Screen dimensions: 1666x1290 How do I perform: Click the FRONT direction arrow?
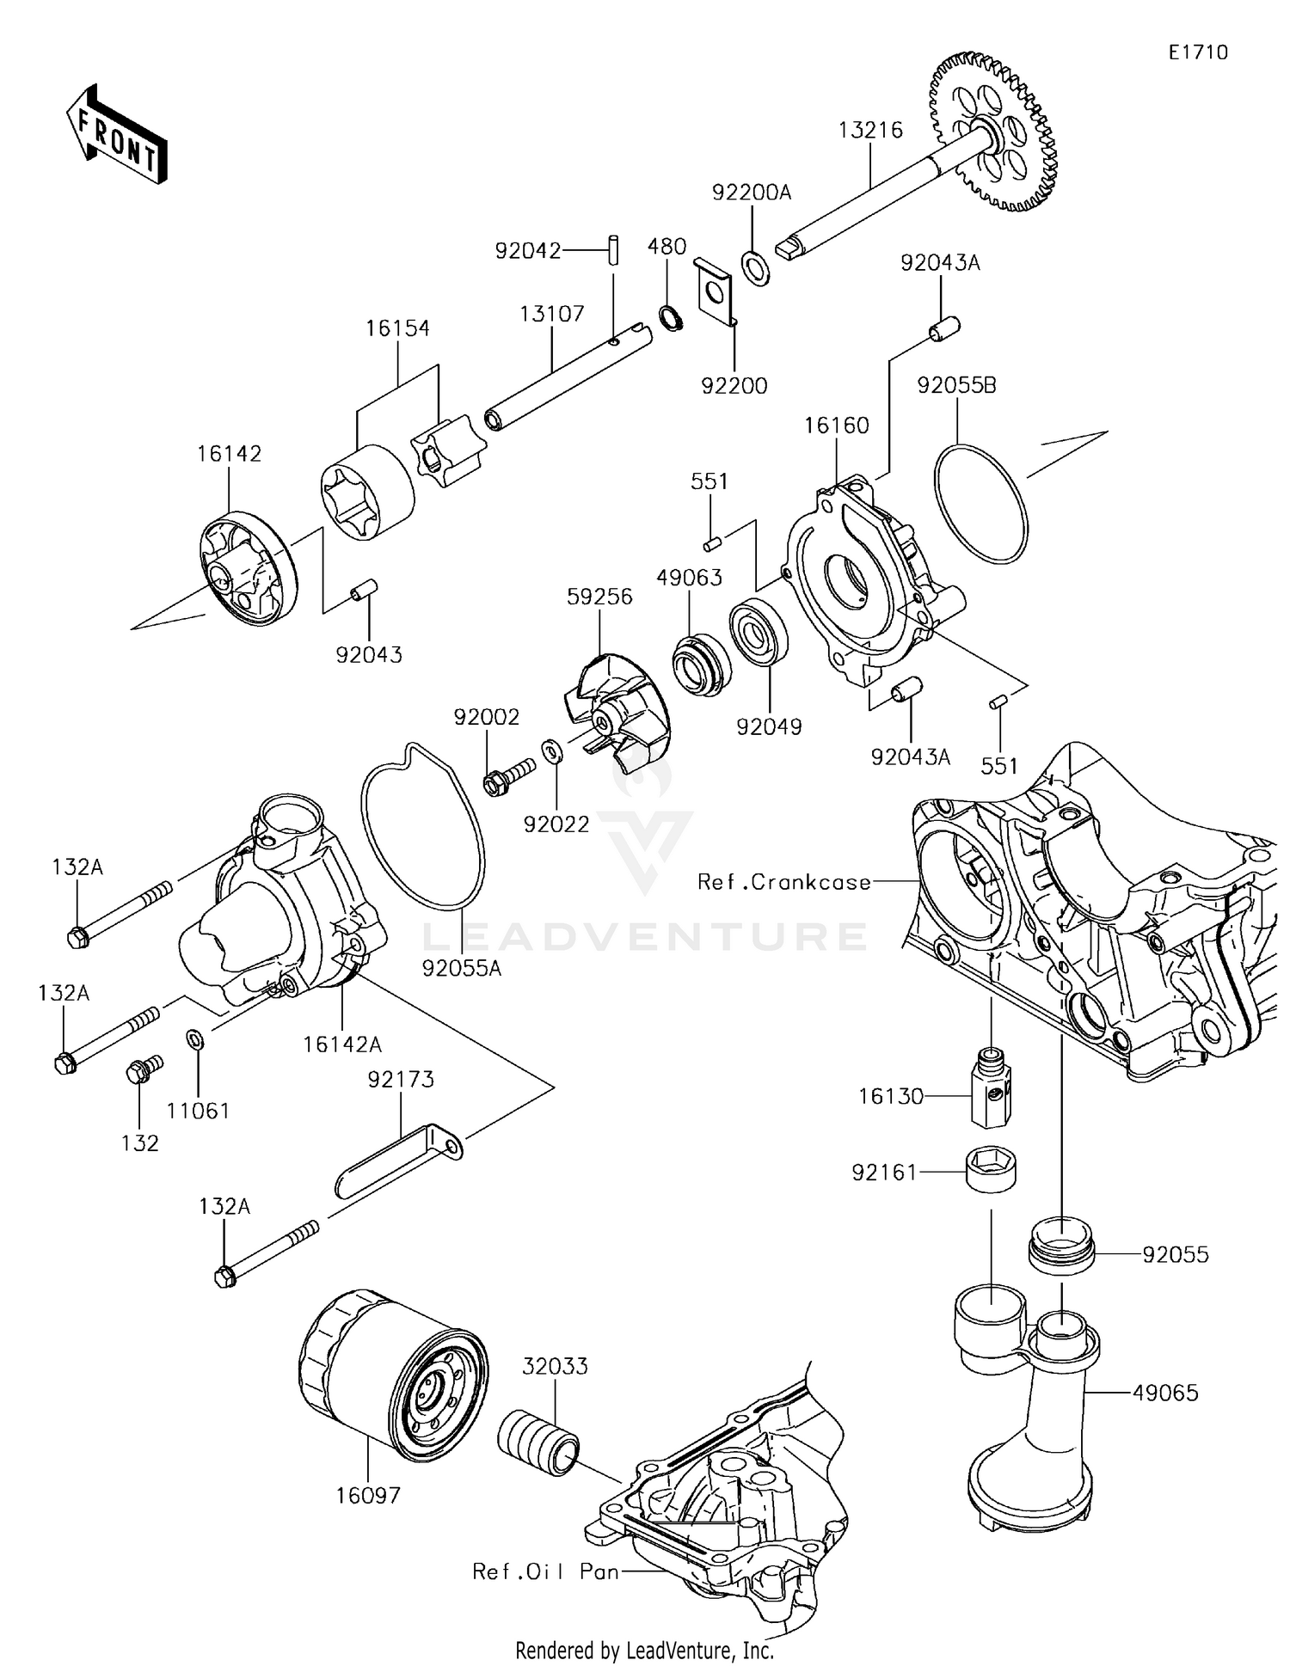tap(116, 135)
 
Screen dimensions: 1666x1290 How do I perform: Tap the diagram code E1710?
tap(1197, 52)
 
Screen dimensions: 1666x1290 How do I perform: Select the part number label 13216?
tap(869, 130)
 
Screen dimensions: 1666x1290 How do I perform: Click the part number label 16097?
tap(367, 1497)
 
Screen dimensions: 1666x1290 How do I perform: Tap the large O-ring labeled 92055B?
tap(980, 504)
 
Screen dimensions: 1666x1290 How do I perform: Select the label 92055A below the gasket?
tap(461, 968)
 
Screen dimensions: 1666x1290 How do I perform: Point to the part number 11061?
tap(198, 1112)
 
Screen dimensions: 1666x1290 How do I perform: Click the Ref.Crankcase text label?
tap(783, 882)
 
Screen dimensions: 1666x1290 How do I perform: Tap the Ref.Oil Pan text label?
tap(545, 1572)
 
